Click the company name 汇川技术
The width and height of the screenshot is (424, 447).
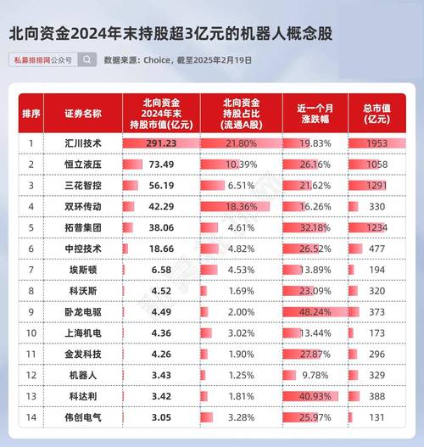coord(83,143)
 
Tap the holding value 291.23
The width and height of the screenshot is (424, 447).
coord(161,143)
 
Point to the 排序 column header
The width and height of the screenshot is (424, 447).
coord(31,113)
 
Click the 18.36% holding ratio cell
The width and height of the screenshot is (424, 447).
coord(241,206)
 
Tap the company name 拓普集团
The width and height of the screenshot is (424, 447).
coord(83,226)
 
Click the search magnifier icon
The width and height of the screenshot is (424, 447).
coord(86,60)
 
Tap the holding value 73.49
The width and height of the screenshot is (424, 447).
coord(161,165)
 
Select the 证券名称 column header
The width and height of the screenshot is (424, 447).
coord(83,113)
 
